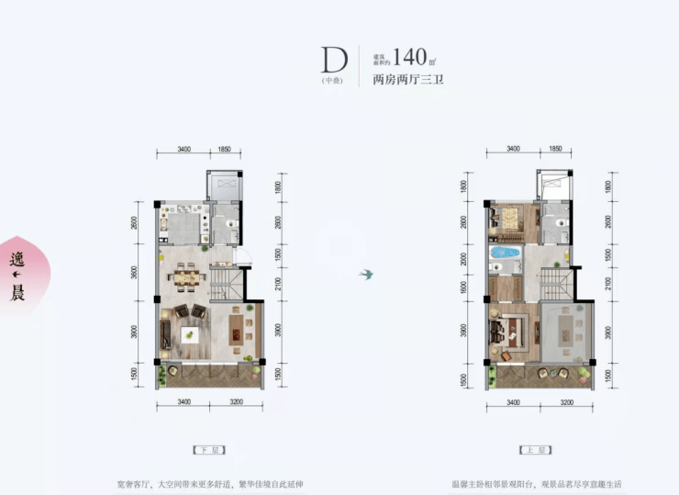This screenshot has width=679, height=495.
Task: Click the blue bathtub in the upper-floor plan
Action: tap(504, 252)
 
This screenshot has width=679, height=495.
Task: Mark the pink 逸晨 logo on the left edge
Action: tap(16, 276)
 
